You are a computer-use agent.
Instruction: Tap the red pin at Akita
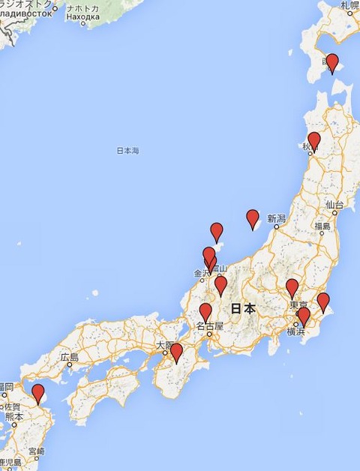[314, 140]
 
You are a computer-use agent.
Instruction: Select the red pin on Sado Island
[253, 218]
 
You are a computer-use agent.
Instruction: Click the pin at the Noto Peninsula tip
[217, 232]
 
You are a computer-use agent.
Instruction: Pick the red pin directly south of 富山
[220, 285]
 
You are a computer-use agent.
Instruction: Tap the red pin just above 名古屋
[205, 312]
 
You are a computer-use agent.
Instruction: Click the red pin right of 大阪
[176, 352]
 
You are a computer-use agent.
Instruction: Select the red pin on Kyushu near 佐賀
[37, 392]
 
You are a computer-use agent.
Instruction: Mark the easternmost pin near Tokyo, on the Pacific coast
[323, 301]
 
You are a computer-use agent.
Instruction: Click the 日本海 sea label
[127, 151]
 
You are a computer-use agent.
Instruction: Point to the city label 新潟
[276, 218]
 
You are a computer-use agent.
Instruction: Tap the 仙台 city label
[334, 204]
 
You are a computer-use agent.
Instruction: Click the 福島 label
[322, 226]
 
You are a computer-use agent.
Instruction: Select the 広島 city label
[70, 357]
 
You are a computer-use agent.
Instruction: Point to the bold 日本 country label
[243, 308]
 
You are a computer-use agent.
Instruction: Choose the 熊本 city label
[13, 415]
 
